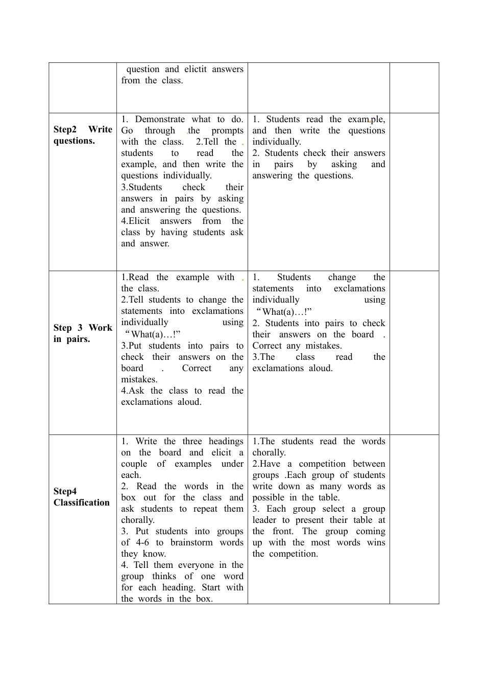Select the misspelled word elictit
tap(196, 70)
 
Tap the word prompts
tap(227, 131)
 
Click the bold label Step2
tap(65, 130)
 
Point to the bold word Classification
tap(82, 503)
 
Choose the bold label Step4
tap(65, 492)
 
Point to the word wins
tap(376, 543)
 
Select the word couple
tap(134, 464)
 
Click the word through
tap(159, 131)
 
